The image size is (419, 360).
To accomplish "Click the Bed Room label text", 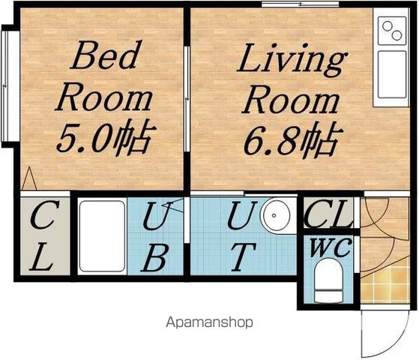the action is (x=104, y=76).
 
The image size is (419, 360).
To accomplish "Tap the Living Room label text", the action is (x=292, y=78).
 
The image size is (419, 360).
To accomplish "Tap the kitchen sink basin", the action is (x=392, y=74).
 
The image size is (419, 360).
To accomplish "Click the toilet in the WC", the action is (x=328, y=280).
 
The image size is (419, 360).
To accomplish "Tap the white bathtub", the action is (x=102, y=236).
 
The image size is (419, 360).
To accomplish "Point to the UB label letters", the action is (x=156, y=236).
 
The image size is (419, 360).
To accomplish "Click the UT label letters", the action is (x=242, y=236).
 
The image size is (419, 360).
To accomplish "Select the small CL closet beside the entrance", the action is (x=328, y=213).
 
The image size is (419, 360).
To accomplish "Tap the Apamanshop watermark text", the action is (x=210, y=322).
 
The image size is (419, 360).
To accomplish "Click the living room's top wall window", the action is (x=300, y=4).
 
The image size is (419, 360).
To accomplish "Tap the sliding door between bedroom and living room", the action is (x=187, y=99).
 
